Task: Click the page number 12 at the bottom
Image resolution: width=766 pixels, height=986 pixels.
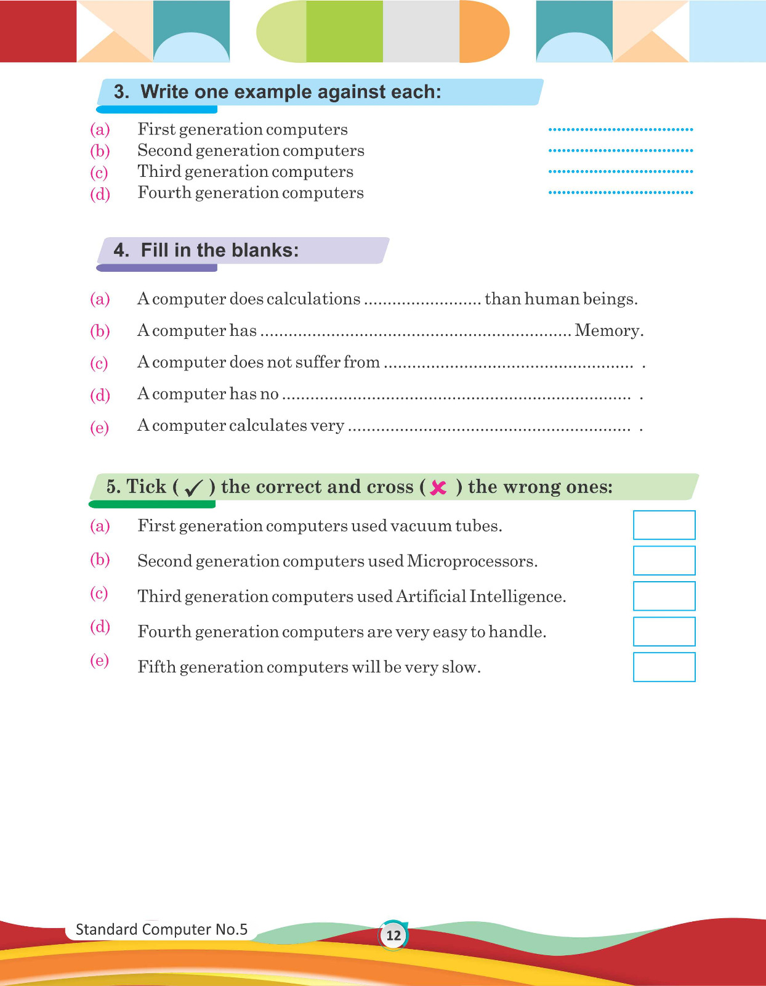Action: pyautogui.click(x=393, y=935)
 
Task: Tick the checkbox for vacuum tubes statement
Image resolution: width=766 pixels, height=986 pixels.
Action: pyautogui.click(x=664, y=525)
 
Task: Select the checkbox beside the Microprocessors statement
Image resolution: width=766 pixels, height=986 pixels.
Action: pyautogui.click(x=664, y=560)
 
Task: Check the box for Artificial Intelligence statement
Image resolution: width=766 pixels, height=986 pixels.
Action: pyautogui.click(x=664, y=596)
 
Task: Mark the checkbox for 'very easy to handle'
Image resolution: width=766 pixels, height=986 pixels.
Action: pyautogui.click(x=664, y=631)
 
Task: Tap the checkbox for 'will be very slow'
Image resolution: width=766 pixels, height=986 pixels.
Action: pyautogui.click(x=664, y=667)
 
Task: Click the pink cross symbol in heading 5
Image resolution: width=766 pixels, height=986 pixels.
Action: pyautogui.click(x=438, y=487)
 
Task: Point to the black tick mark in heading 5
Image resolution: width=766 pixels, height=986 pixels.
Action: pyautogui.click(x=193, y=488)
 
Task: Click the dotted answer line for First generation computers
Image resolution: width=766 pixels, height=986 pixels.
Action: pyautogui.click(x=621, y=129)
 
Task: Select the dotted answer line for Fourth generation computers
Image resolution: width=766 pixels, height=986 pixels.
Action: pyautogui.click(x=621, y=192)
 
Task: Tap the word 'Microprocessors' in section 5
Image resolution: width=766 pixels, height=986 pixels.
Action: pyautogui.click(x=471, y=561)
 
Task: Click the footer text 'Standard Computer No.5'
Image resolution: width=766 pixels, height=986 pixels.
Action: pyautogui.click(x=161, y=929)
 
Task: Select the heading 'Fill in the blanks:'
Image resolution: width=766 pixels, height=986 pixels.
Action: pyautogui.click(x=219, y=250)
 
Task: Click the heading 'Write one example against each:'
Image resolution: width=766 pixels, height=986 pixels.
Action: pyautogui.click(x=291, y=92)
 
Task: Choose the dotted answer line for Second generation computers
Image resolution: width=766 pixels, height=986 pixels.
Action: pyautogui.click(x=621, y=150)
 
